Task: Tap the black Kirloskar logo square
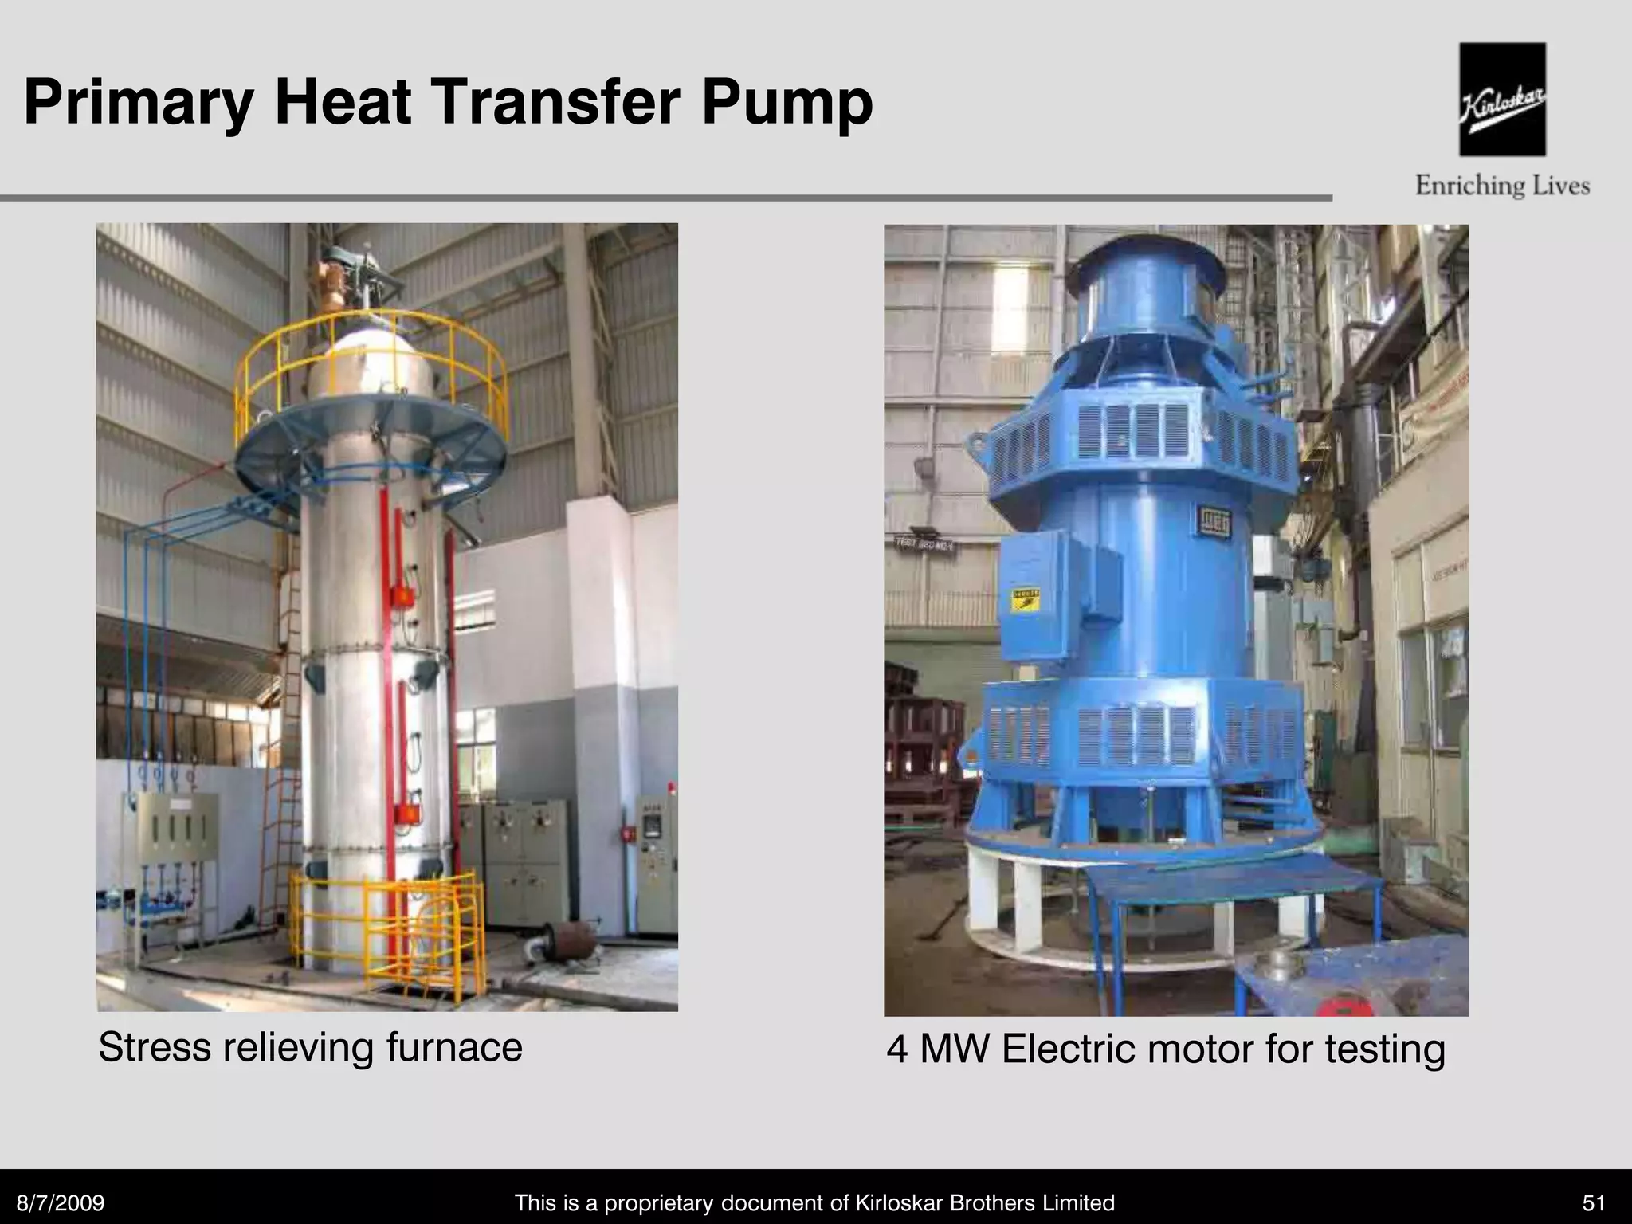pyautogui.click(x=1502, y=100)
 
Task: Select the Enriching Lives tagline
pyautogui.click(x=1502, y=186)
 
